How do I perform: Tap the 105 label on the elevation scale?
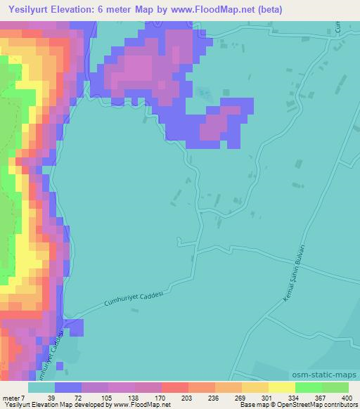(x=108, y=397)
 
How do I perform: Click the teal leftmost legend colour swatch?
(x=41, y=387)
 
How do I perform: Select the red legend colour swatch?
(x=174, y=387)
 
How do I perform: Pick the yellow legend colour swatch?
(x=281, y=387)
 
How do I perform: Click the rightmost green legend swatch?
(x=335, y=387)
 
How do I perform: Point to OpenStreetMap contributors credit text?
(x=317, y=405)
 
